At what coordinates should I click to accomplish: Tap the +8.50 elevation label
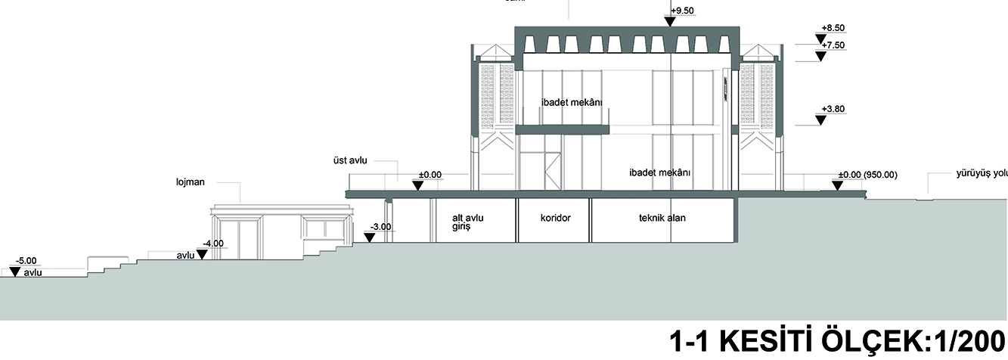click(833, 28)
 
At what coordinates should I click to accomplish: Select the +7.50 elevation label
click(833, 45)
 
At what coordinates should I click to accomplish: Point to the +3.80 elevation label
click(833, 109)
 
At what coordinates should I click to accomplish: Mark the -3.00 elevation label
click(380, 226)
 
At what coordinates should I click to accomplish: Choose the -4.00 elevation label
click(213, 244)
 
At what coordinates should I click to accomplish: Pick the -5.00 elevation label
click(26, 260)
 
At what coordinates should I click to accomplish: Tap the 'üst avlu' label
click(344, 160)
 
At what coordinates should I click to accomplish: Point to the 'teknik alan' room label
click(662, 218)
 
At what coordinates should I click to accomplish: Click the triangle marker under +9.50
click(670, 21)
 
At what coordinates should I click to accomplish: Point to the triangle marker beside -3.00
click(370, 237)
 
